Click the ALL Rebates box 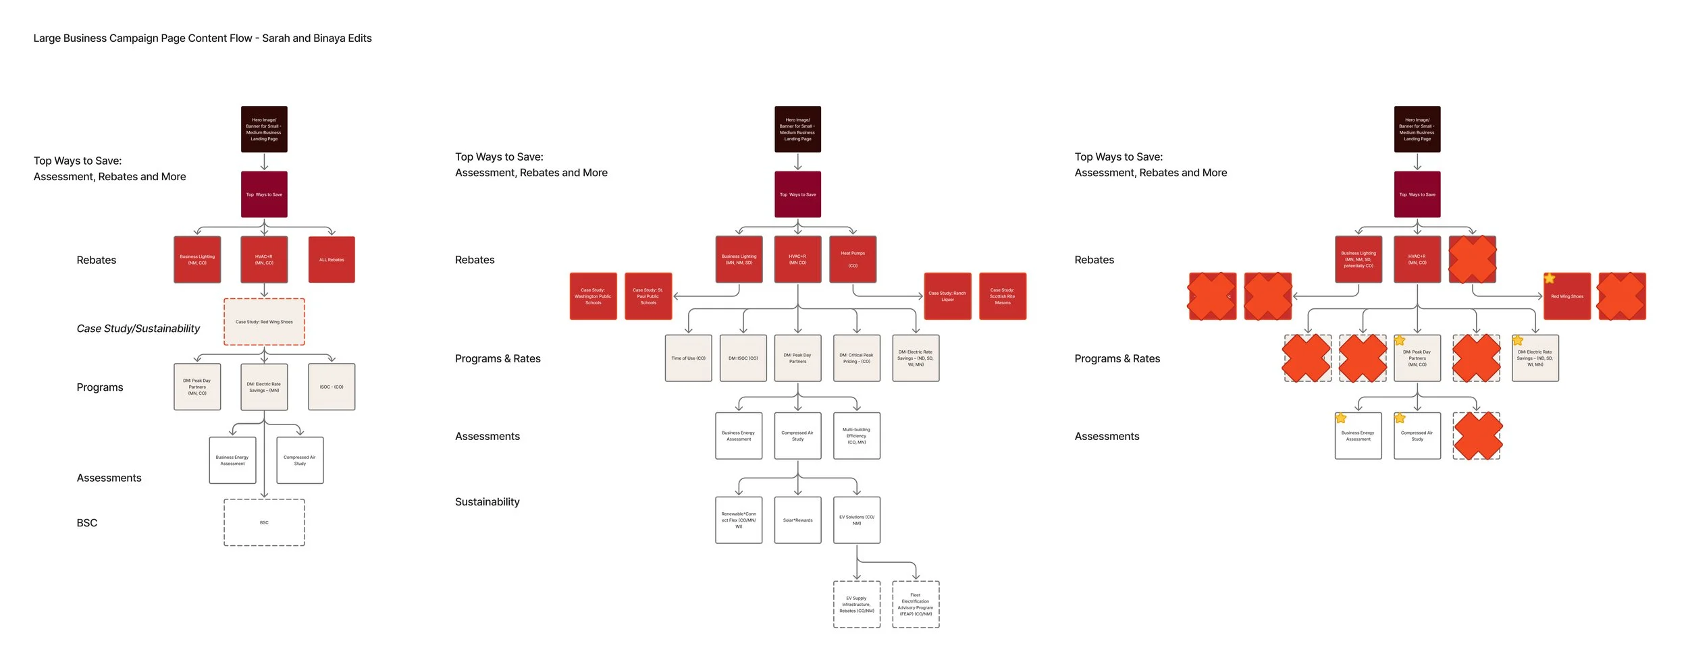point(332,260)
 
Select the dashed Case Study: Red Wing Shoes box point(264,322)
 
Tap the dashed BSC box point(264,522)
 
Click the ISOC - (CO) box point(332,387)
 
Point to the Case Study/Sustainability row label point(138,329)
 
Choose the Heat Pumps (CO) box point(853,259)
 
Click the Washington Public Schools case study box point(593,296)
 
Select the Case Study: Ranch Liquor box point(947,296)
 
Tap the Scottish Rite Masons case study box point(1003,296)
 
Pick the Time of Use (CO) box point(688,358)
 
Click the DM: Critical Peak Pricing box point(856,358)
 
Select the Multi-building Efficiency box point(856,436)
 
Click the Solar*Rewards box point(797,520)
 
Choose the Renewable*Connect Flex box point(739,520)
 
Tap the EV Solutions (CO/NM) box point(856,520)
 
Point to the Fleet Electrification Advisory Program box point(916,605)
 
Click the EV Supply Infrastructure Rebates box point(856,605)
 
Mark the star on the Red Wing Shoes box point(1550,278)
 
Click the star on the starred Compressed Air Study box point(1400,418)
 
